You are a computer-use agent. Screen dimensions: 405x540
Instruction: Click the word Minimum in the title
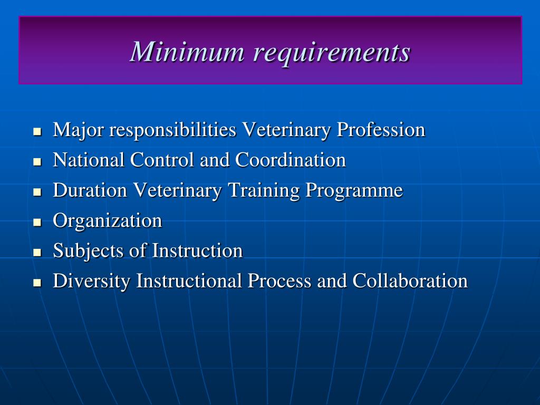coord(187,52)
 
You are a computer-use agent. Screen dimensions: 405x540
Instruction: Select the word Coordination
coord(291,160)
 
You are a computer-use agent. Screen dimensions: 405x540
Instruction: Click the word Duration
coord(90,190)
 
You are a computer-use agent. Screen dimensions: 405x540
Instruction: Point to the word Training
coord(263,190)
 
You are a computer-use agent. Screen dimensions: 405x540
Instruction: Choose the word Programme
coord(354,190)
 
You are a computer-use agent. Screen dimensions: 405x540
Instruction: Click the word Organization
coord(107,220)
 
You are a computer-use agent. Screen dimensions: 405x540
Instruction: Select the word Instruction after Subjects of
coord(197,250)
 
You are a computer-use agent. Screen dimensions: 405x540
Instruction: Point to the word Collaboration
coord(410,281)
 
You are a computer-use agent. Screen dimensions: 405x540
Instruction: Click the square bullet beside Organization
coord(37,222)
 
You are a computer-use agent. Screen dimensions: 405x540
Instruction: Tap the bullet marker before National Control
coord(37,162)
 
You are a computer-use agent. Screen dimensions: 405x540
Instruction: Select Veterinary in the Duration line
coord(177,190)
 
